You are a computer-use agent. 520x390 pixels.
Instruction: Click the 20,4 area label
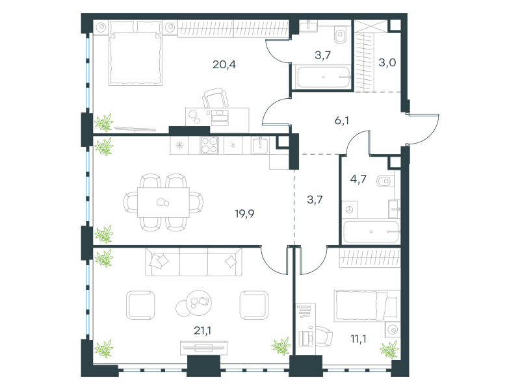point(224,64)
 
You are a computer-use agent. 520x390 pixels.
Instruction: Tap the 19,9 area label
point(245,214)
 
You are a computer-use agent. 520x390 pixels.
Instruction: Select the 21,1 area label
point(202,330)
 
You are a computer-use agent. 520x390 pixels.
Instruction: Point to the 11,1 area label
point(359,339)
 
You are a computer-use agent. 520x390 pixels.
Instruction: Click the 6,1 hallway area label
point(342,121)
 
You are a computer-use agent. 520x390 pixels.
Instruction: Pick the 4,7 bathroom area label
point(358,179)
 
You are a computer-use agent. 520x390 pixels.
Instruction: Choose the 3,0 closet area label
point(387,62)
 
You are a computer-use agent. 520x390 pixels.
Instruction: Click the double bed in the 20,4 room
point(135,53)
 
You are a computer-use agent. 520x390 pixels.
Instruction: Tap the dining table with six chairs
point(163,202)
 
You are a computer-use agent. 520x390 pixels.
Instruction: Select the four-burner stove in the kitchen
point(209,145)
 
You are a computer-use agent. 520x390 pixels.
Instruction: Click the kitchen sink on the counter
point(261,145)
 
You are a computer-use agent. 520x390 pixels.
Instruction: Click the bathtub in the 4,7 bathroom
point(371,232)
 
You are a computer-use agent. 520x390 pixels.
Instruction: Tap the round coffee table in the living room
point(194,303)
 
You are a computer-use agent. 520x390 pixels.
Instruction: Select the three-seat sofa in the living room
point(194,262)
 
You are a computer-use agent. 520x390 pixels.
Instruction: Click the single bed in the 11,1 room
point(367,305)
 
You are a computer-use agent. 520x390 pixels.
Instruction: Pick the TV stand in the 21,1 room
point(203,348)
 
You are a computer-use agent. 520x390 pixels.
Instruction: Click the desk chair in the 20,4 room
point(216,98)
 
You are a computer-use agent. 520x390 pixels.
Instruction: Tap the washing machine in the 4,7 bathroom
point(350,209)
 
